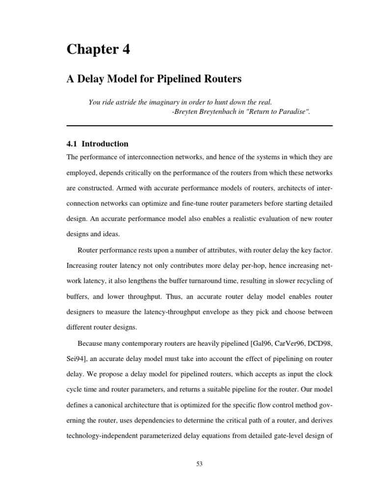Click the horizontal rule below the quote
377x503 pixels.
click(199, 126)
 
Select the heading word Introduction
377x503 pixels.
click(105, 144)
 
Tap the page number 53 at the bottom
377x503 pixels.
click(199, 463)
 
